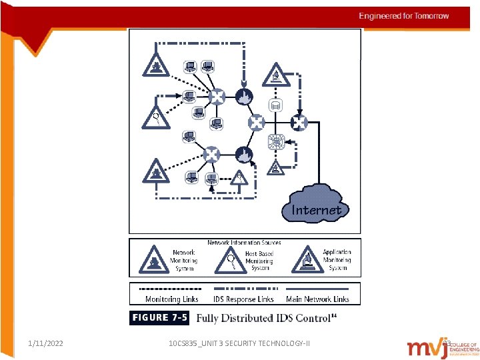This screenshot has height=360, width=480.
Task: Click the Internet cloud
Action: [x=316, y=204]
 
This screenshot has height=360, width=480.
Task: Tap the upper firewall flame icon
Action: [x=243, y=97]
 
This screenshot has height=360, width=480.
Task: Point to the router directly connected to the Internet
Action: [x=298, y=122]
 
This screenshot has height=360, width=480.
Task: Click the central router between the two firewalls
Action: [x=257, y=122]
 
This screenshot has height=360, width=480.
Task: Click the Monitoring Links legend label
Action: [x=172, y=299]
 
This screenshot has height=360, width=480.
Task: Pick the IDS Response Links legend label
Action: [x=243, y=299]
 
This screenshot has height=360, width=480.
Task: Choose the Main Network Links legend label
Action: [x=317, y=299]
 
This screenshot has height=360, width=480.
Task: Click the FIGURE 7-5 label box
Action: [x=159, y=318]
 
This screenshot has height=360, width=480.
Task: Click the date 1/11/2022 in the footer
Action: [x=46, y=343]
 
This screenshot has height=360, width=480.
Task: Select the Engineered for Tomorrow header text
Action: [x=404, y=16]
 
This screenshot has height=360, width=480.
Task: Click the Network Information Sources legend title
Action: [x=244, y=243]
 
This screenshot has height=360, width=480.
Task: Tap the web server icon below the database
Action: [x=275, y=141]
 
